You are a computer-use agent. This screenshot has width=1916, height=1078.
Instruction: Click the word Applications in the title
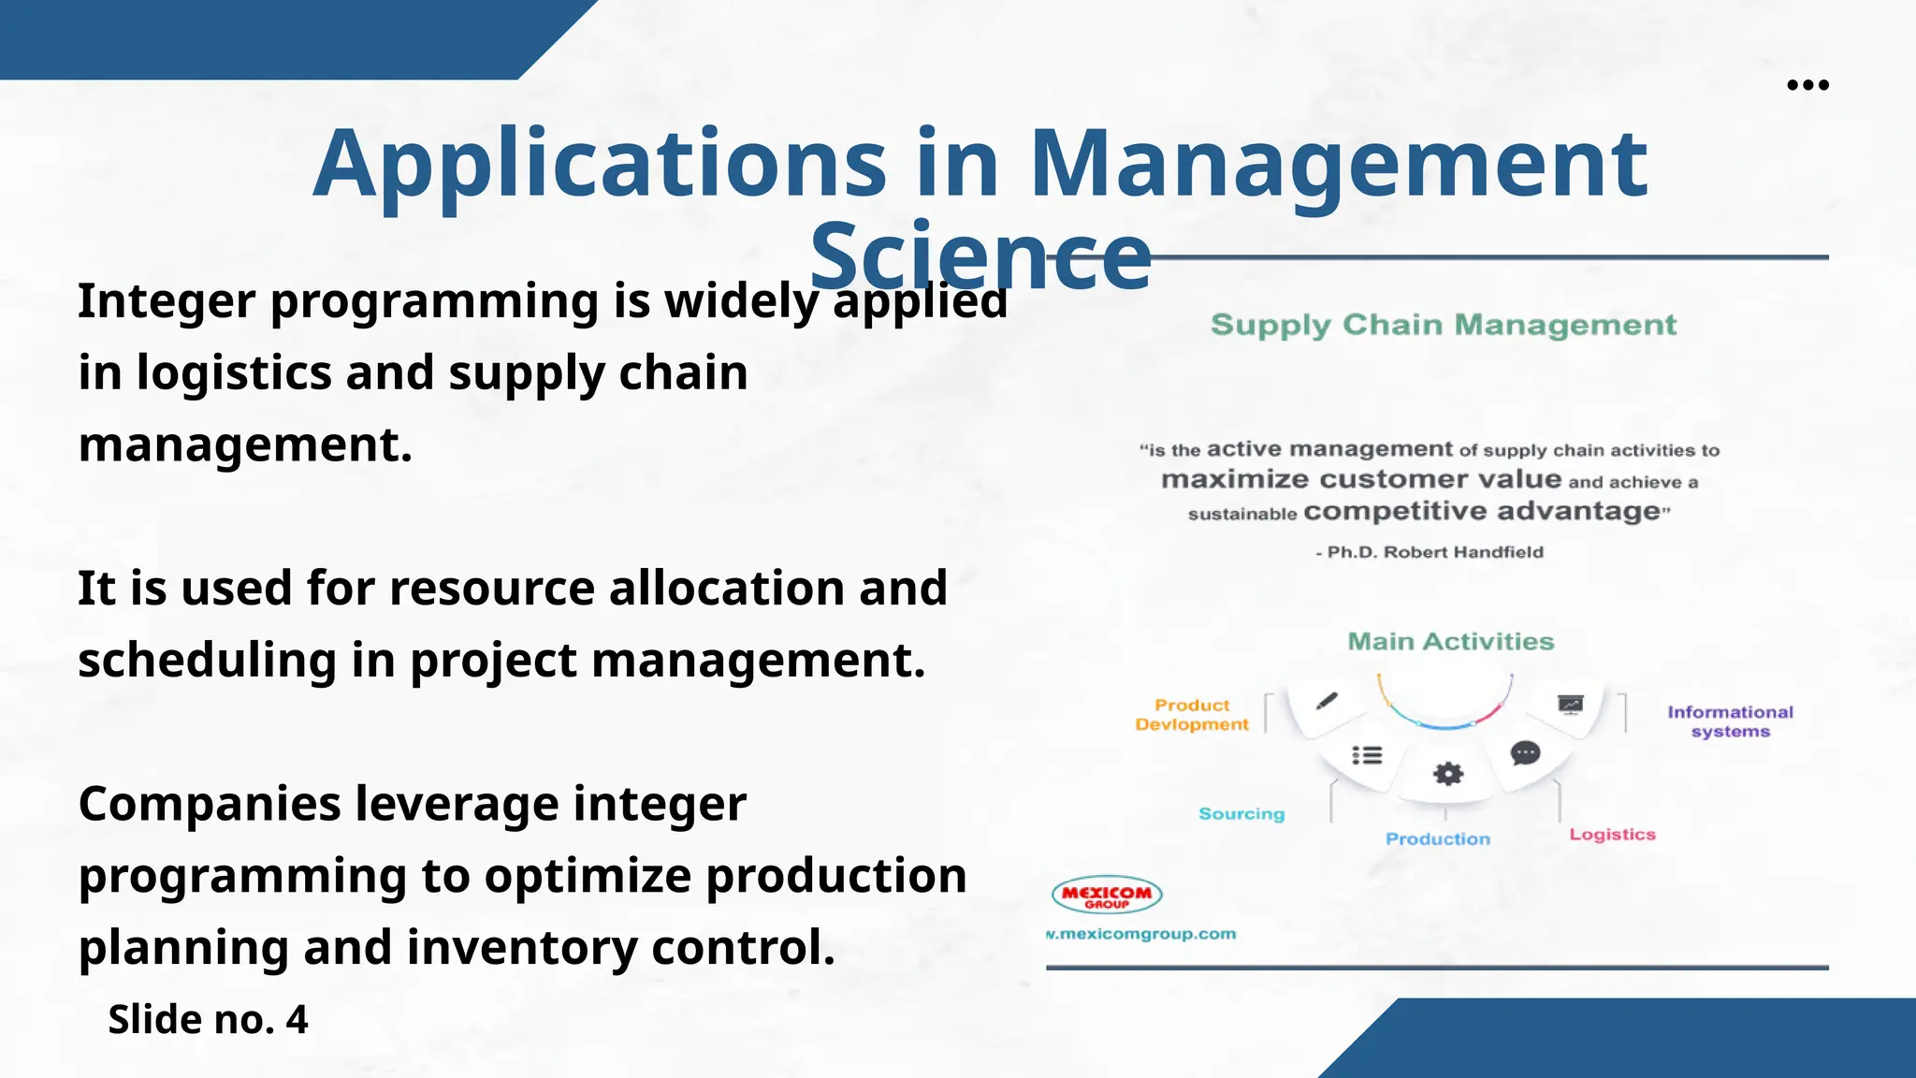pyautogui.click(x=599, y=165)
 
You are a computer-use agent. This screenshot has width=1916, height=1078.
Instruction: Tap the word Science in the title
pyautogui.click(x=980, y=256)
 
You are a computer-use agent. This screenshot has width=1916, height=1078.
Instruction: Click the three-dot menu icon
pyautogui.click(x=1807, y=85)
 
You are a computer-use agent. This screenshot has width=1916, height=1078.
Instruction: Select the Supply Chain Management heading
pyautogui.click(x=1443, y=325)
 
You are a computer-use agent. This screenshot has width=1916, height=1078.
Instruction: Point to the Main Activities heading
pyautogui.click(x=1450, y=642)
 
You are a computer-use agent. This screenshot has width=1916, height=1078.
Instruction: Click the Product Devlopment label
pyautogui.click(x=1192, y=715)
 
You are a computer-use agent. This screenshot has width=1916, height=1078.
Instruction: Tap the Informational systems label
pyautogui.click(x=1730, y=721)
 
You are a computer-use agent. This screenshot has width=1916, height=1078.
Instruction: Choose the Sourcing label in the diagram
pyautogui.click(x=1241, y=814)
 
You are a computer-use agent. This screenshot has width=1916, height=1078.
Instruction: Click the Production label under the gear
pyautogui.click(x=1438, y=839)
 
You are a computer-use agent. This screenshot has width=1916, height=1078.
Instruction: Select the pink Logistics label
pyautogui.click(x=1612, y=835)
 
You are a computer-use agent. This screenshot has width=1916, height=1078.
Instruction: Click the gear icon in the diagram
pyautogui.click(x=1448, y=774)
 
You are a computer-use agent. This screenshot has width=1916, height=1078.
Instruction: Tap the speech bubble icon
pyautogui.click(x=1525, y=753)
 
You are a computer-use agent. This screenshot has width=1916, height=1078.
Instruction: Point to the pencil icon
pyautogui.click(x=1327, y=702)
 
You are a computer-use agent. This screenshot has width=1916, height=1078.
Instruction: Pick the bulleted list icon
pyautogui.click(x=1367, y=755)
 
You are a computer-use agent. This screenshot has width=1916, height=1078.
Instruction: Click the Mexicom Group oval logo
pyautogui.click(x=1107, y=896)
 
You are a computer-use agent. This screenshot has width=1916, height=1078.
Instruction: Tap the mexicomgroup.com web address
pyautogui.click(x=1141, y=934)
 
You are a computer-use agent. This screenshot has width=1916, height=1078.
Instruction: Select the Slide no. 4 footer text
pyautogui.click(x=208, y=1019)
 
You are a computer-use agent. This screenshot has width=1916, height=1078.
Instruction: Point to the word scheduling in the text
pyautogui.click(x=207, y=661)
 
